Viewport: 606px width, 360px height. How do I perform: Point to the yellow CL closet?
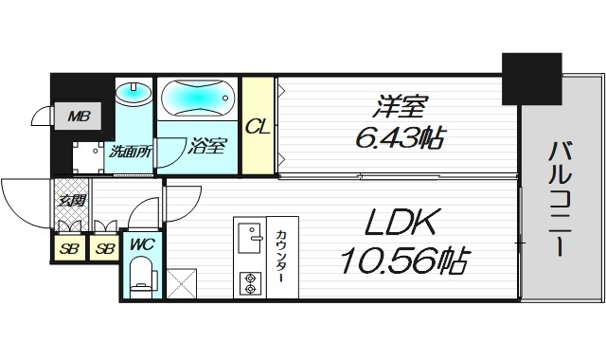tap(256, 126)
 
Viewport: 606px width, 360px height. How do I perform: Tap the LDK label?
tap(399, 225)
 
